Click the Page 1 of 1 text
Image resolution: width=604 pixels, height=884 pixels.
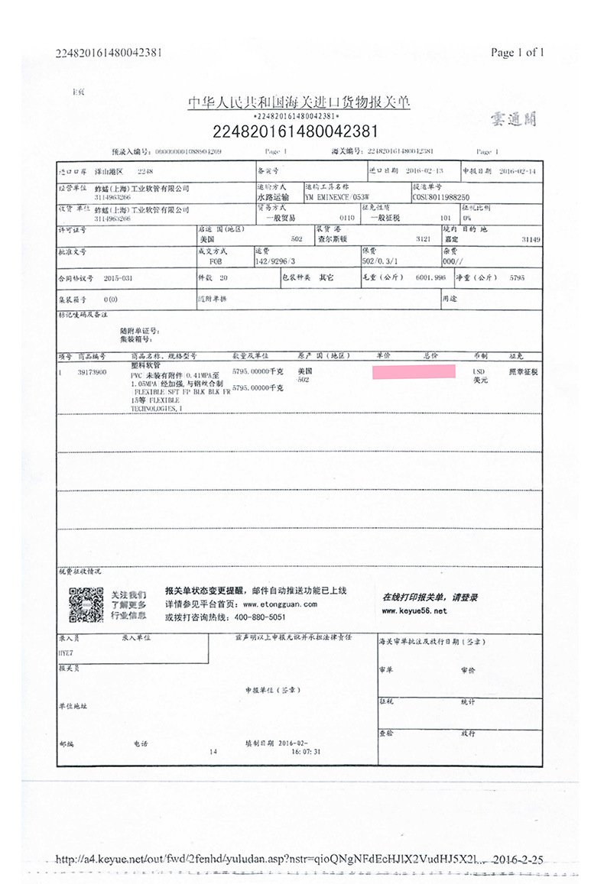(518, 53)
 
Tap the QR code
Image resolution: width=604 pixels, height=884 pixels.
(86, 604)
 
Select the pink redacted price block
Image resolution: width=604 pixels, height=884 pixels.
(414, 372)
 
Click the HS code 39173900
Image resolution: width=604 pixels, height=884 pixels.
(92, 372)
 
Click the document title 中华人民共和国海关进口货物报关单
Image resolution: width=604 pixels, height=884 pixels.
(299, 102)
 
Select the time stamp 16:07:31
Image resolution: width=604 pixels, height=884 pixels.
(305, 751)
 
